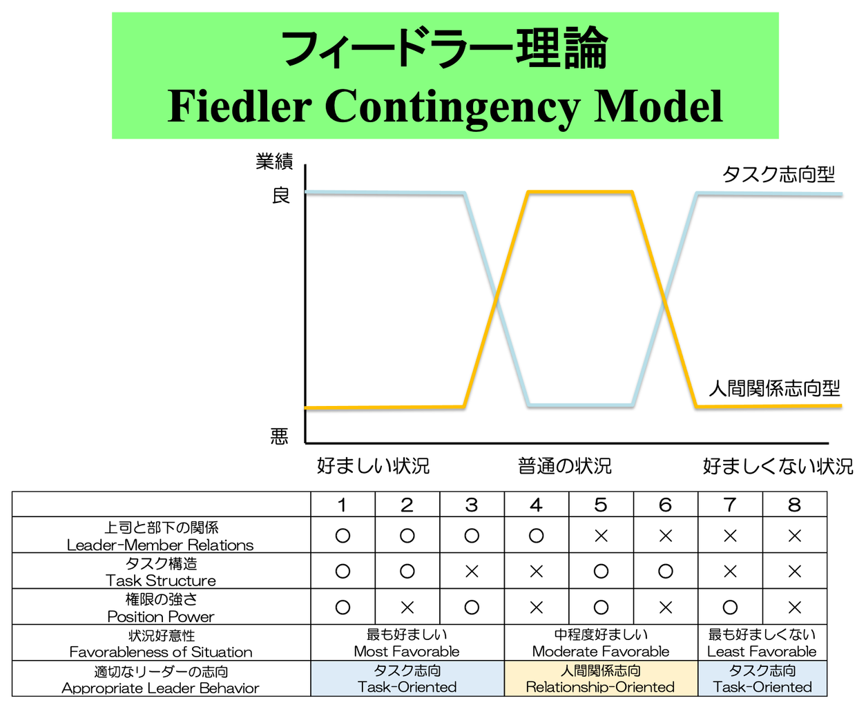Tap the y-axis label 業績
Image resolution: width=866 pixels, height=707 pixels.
(x=274, y=161)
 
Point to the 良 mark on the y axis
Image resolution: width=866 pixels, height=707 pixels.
(x=281, y=195)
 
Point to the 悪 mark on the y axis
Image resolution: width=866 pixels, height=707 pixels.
(x=279, y=436)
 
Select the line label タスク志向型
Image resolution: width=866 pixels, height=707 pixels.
(x=778, y=175)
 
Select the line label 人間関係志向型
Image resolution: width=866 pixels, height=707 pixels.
(x=774, y=388)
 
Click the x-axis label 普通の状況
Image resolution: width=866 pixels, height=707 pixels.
(x=565, y=466)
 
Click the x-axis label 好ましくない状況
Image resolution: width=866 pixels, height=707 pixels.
(x=778, y=466)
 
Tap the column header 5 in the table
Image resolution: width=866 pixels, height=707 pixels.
(x=601, y=505)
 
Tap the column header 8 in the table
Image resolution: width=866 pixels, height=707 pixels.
(x=795, y=505)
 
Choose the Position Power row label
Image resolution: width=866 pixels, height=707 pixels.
(x=161, y=607)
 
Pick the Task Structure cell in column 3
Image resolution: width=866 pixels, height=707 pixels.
(x=472, y=571)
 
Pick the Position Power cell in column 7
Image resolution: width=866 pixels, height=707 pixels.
(x=730, y=607)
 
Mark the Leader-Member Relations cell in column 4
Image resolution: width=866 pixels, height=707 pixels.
(x=537, y=535)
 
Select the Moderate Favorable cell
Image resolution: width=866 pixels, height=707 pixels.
(x=601, y=643)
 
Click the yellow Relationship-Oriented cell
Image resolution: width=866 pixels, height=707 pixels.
(x=601, y=678)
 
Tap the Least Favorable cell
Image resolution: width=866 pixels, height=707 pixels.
(x=762, y=643)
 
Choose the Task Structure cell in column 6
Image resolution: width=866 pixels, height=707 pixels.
(x=665, y=571)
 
